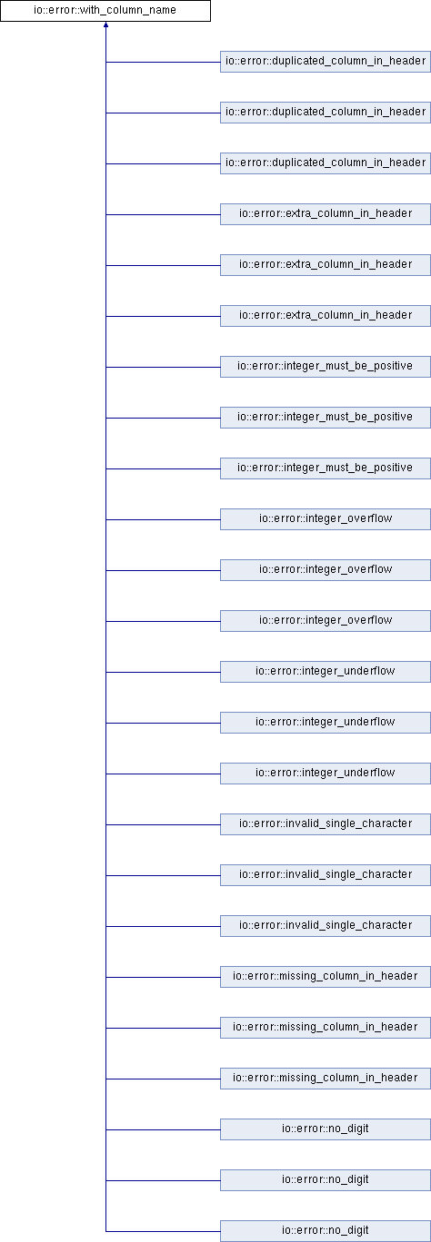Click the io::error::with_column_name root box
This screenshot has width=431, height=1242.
point(105,11)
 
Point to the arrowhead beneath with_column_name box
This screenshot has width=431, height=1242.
point(105,25)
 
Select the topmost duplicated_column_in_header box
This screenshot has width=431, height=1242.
point(326,62)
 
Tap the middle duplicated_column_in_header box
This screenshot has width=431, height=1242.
point(326,113)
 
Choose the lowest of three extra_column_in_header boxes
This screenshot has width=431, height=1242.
point(326,316)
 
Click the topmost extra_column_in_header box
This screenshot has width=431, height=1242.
point(326,214)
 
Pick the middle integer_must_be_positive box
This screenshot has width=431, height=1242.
point(326,418)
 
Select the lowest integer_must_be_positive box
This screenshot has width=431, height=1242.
point(326,468)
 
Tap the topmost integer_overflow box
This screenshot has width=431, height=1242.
point(326,519)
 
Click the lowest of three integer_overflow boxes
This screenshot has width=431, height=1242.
point(326,621)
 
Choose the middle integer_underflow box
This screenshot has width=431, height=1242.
point(326,723)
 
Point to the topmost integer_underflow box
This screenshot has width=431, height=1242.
point(326,672)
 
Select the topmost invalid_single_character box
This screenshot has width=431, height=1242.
point(326,824)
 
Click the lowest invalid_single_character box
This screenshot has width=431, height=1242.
point(326,926)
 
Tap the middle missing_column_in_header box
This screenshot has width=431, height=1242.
point(326,1028)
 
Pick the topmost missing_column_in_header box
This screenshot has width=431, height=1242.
point(326,977)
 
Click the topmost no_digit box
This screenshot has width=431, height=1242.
point(326,1129)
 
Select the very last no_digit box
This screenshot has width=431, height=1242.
point(326,1231)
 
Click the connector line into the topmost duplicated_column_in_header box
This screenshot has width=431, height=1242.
point(163,62)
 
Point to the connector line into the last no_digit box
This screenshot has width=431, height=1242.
point(163,1231)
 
